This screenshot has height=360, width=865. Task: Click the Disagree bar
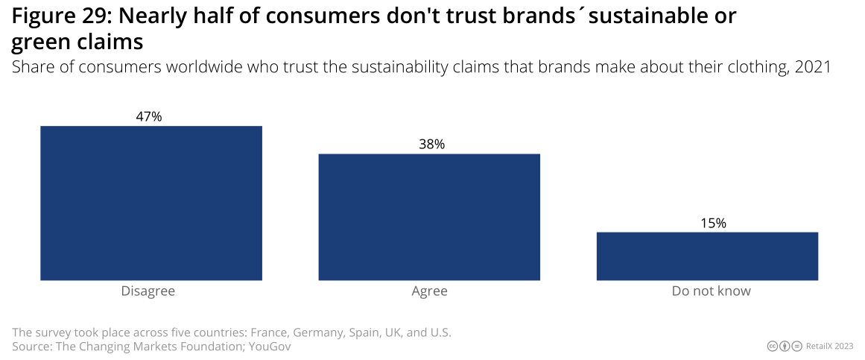coord(150,203)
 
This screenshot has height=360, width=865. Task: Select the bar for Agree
coord(429,217)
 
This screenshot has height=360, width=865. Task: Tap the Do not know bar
coord(707,256)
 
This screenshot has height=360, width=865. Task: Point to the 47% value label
coord(149,116)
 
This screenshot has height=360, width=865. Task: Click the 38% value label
coord(431,145)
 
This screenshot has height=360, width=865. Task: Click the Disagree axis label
coord(148,291)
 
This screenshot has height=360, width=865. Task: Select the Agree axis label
coord(429,291)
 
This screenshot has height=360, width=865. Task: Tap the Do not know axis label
coord(711,291)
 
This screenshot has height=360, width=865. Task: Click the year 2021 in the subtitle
coord(812,67)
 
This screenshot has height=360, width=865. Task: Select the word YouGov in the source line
coord(269,347)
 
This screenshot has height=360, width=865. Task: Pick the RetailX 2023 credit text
coord(829,346)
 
